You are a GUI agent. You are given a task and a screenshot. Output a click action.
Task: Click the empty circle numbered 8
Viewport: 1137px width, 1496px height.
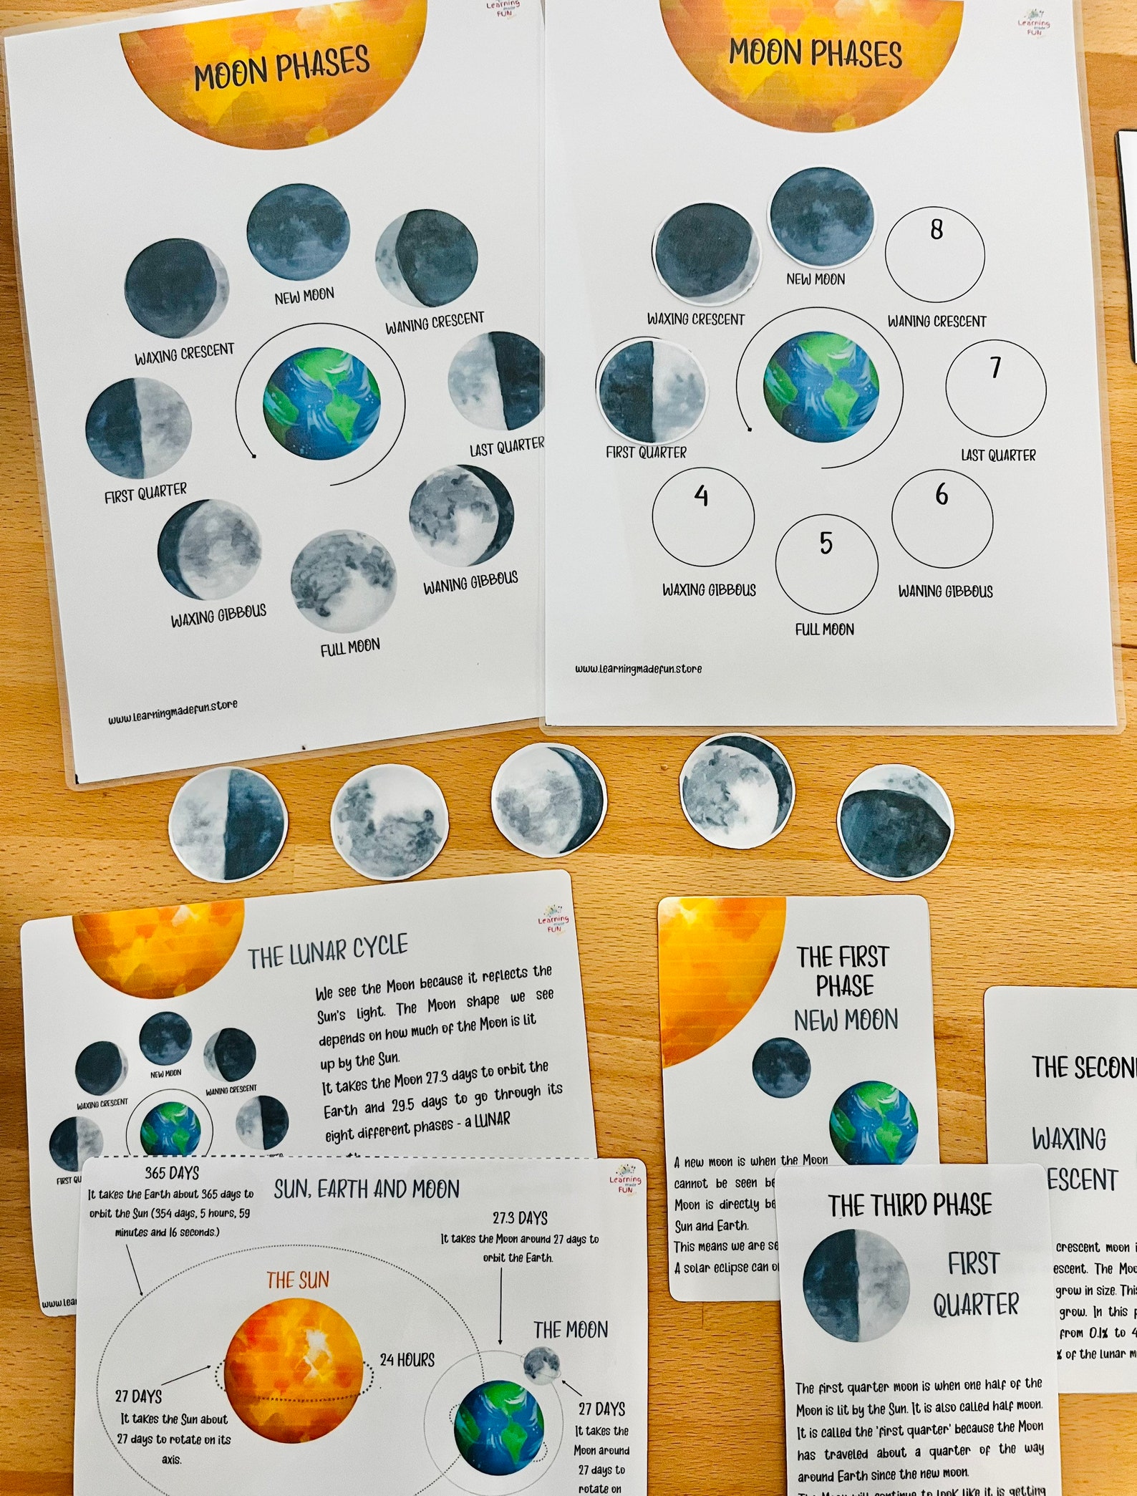pos(934,254)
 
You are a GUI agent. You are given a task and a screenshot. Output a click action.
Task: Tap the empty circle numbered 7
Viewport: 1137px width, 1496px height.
pos(995,388)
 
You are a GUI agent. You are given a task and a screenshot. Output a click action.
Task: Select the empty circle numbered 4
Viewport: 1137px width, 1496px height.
pos(702,516)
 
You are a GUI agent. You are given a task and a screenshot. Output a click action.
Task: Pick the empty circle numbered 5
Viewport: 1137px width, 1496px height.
pos(826,564)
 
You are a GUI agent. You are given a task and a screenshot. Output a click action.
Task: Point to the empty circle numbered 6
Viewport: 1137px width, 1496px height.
pos(942,517)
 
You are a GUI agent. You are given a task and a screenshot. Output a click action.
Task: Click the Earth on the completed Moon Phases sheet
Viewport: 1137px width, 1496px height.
pos(321,403)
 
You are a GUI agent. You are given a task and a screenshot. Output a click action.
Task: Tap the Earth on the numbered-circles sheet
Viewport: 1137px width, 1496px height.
pos(821,387)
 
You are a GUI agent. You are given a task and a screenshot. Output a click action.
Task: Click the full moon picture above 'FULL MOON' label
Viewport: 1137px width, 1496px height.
pos(342,580)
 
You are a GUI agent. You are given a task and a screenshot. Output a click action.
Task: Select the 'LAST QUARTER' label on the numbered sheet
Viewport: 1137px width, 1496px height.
pos(998,455)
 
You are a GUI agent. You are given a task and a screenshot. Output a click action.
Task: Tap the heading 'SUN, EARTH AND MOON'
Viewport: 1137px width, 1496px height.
pos(366,1189)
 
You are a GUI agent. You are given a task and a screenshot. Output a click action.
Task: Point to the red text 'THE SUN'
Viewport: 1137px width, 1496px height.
pos(298,1280)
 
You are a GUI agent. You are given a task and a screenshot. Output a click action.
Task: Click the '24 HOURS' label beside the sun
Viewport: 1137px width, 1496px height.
pos(407,1359)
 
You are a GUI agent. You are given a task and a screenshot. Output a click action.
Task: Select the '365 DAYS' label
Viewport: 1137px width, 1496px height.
pos(172,1172)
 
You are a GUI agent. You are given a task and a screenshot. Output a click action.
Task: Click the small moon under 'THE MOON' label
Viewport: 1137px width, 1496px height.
pos(541,1364)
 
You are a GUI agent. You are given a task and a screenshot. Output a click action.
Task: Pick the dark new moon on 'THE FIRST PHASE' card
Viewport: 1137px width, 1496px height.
pos(781,1068)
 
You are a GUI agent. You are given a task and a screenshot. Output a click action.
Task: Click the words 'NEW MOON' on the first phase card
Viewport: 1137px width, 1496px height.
pos(846,1020)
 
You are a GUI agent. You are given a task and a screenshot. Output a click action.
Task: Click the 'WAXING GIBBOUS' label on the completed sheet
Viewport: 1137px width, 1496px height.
pos(218,615)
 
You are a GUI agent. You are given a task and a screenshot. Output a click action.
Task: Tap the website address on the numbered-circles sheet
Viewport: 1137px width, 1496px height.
pos(638,669)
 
